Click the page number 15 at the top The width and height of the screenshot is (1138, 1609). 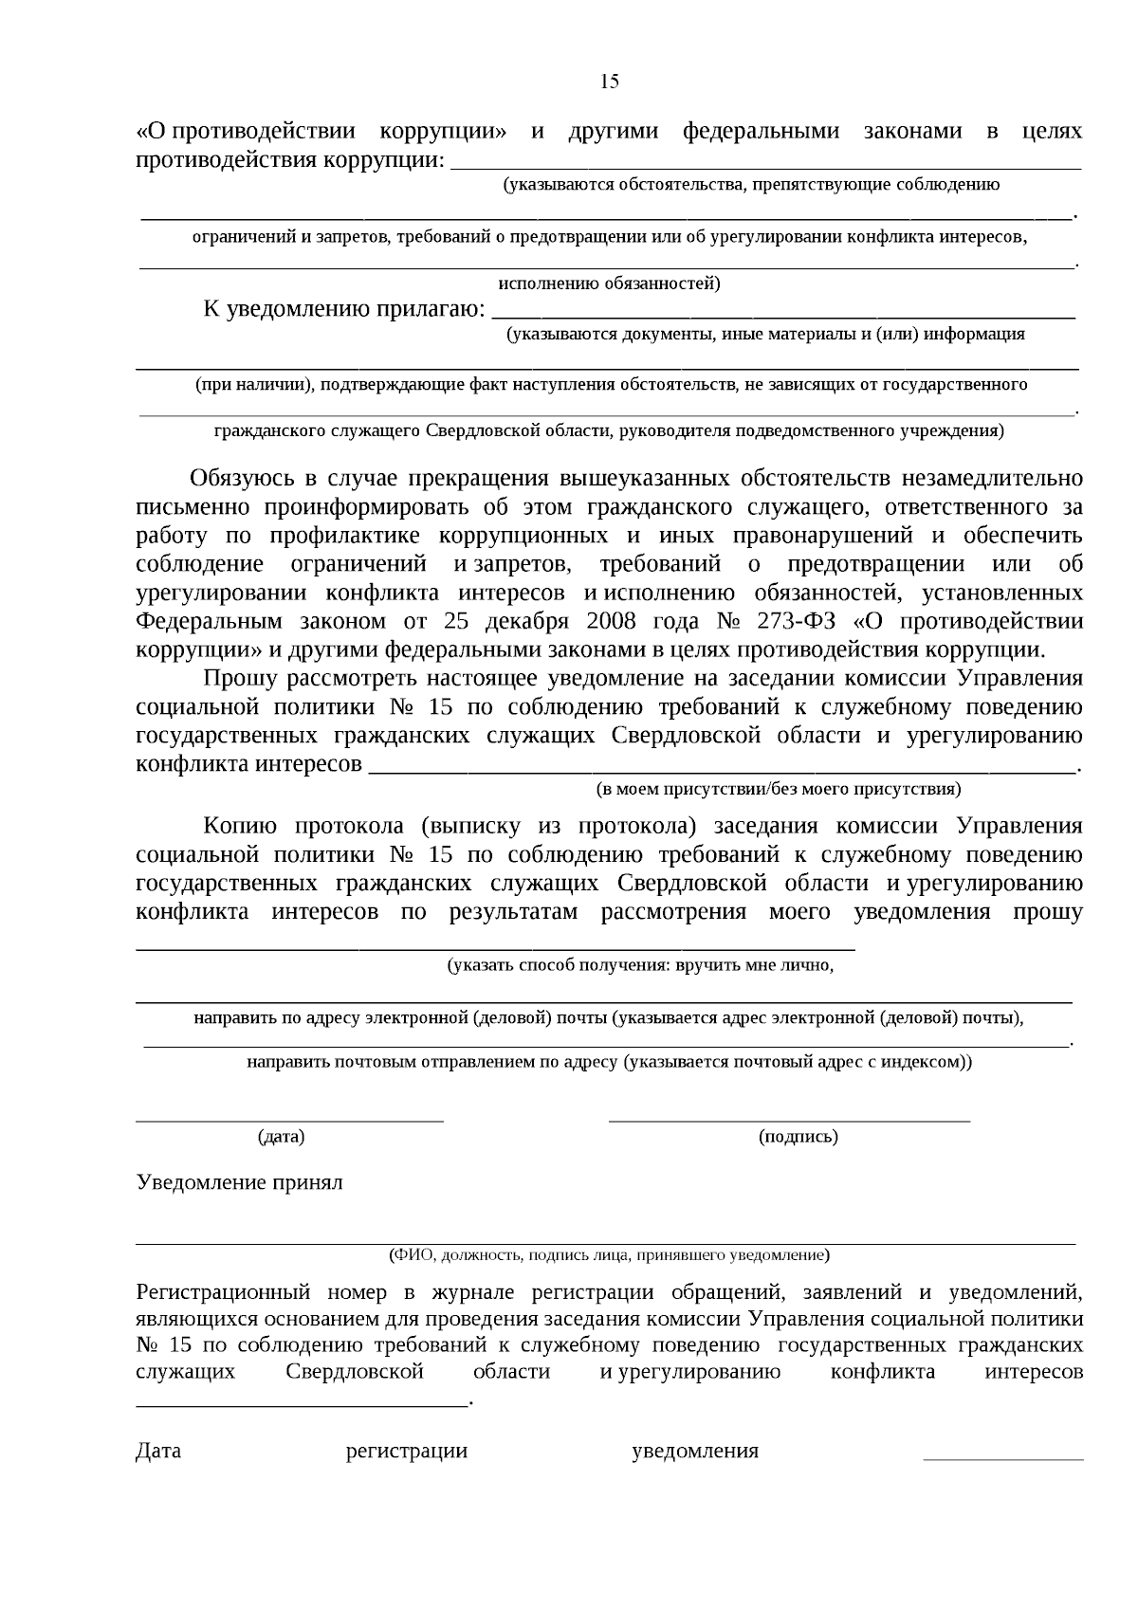tap(610, 82)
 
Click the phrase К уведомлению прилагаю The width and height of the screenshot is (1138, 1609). tap(344, 309)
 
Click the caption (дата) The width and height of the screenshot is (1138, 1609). tap(282, 1136)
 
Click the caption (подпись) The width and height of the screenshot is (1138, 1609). tap(798, 1136)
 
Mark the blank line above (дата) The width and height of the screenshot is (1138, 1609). tap(289, 1121)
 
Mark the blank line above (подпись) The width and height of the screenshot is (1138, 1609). tap(789, 1121)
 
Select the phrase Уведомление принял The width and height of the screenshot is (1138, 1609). tap(240, 1182)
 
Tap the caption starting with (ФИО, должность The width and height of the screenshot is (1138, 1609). tap(609, 1255)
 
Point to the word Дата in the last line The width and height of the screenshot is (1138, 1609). tap(158, 1451)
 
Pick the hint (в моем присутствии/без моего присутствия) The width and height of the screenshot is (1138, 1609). tap(778, 789)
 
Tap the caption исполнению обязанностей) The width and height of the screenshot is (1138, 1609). tap(609, 283)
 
